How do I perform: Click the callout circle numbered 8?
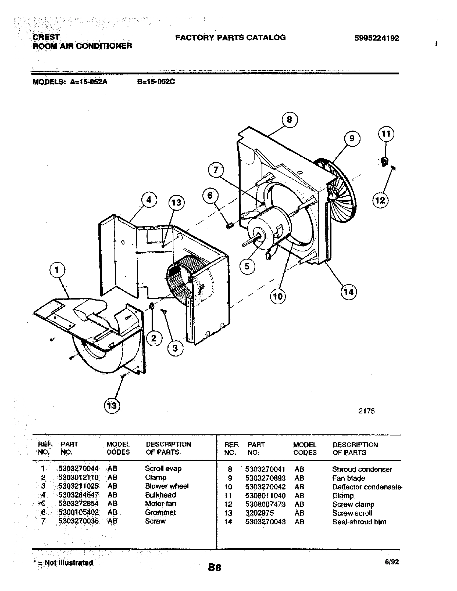coord(290,120)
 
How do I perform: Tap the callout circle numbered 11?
coord(386,134)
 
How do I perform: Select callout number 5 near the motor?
coord(247,266)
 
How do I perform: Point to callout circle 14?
coord(349,292)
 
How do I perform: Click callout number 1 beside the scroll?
coord(57,270)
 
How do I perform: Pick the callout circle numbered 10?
coord(278,296)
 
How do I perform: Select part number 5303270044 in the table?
coord(78,469)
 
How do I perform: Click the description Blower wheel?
coord(166,486)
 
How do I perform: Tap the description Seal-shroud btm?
coord(359,522)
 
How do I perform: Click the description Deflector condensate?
coord(367,487)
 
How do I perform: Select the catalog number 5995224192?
coord(377,38)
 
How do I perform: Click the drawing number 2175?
coord(367,411)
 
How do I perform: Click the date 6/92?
coord(392,562)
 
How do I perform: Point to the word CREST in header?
coord(46,37)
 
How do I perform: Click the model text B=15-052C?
coord(156,82)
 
